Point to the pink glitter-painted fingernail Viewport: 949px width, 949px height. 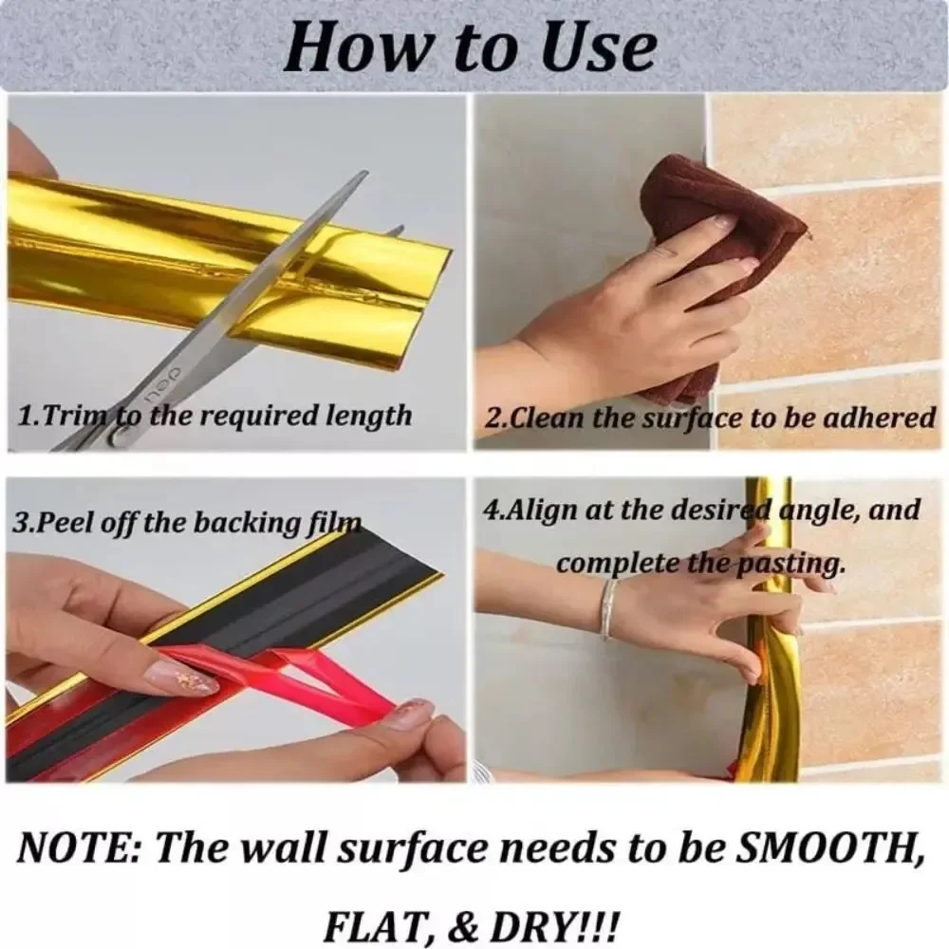(x=180, y=678)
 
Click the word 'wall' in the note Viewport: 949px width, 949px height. (x=279, y=847)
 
